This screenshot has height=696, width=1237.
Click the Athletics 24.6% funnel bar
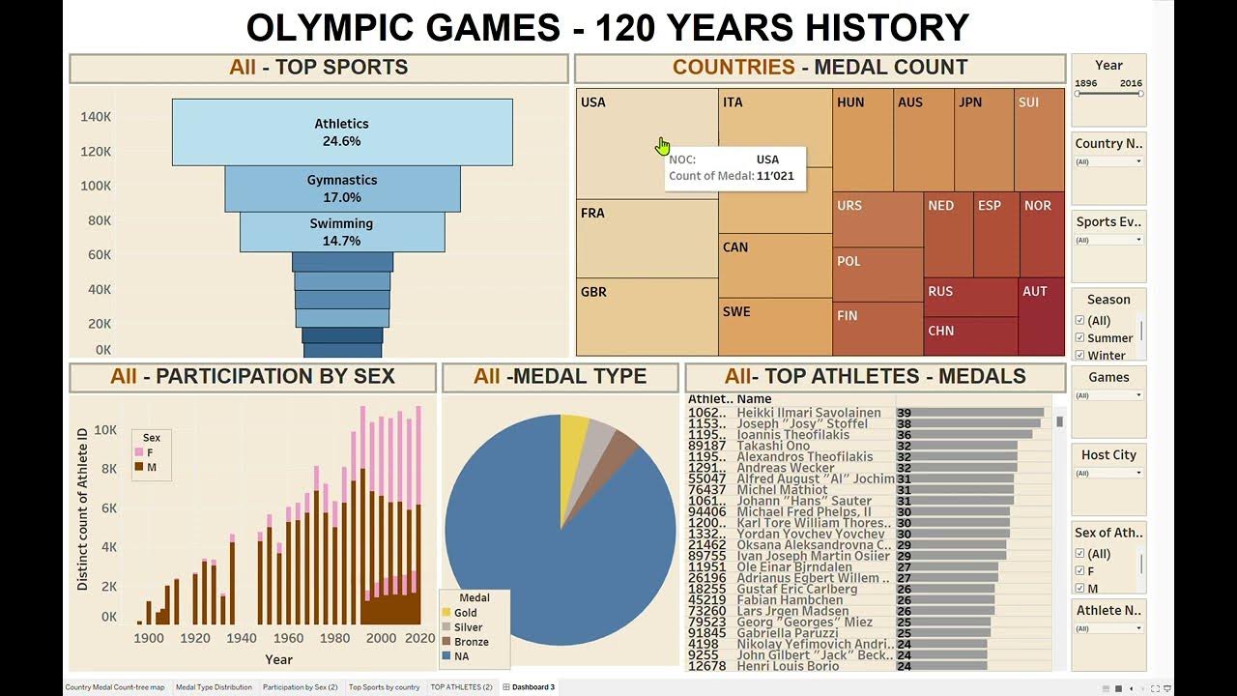click(342, 131)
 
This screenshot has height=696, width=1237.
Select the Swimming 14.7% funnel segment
click(342, 232)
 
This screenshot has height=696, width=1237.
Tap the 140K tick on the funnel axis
click(96, 117)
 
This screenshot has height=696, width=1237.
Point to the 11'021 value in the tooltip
click(776, 176)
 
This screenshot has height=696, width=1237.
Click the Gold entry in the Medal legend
click(465, 613)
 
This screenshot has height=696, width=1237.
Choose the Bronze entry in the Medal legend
click(470, 642)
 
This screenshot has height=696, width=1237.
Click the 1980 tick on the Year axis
click(335, 638)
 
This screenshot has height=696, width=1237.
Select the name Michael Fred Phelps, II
click(803, 512)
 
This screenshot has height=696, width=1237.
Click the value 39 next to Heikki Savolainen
click(904, 413)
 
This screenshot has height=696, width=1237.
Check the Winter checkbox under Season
click(1080, 356)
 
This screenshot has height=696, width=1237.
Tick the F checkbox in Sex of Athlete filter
click(1080, 571)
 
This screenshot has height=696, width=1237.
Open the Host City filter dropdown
click(1138, 474)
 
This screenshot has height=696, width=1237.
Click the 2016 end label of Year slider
click(1131, 83)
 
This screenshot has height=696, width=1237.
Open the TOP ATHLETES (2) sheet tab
click(461, 687)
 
